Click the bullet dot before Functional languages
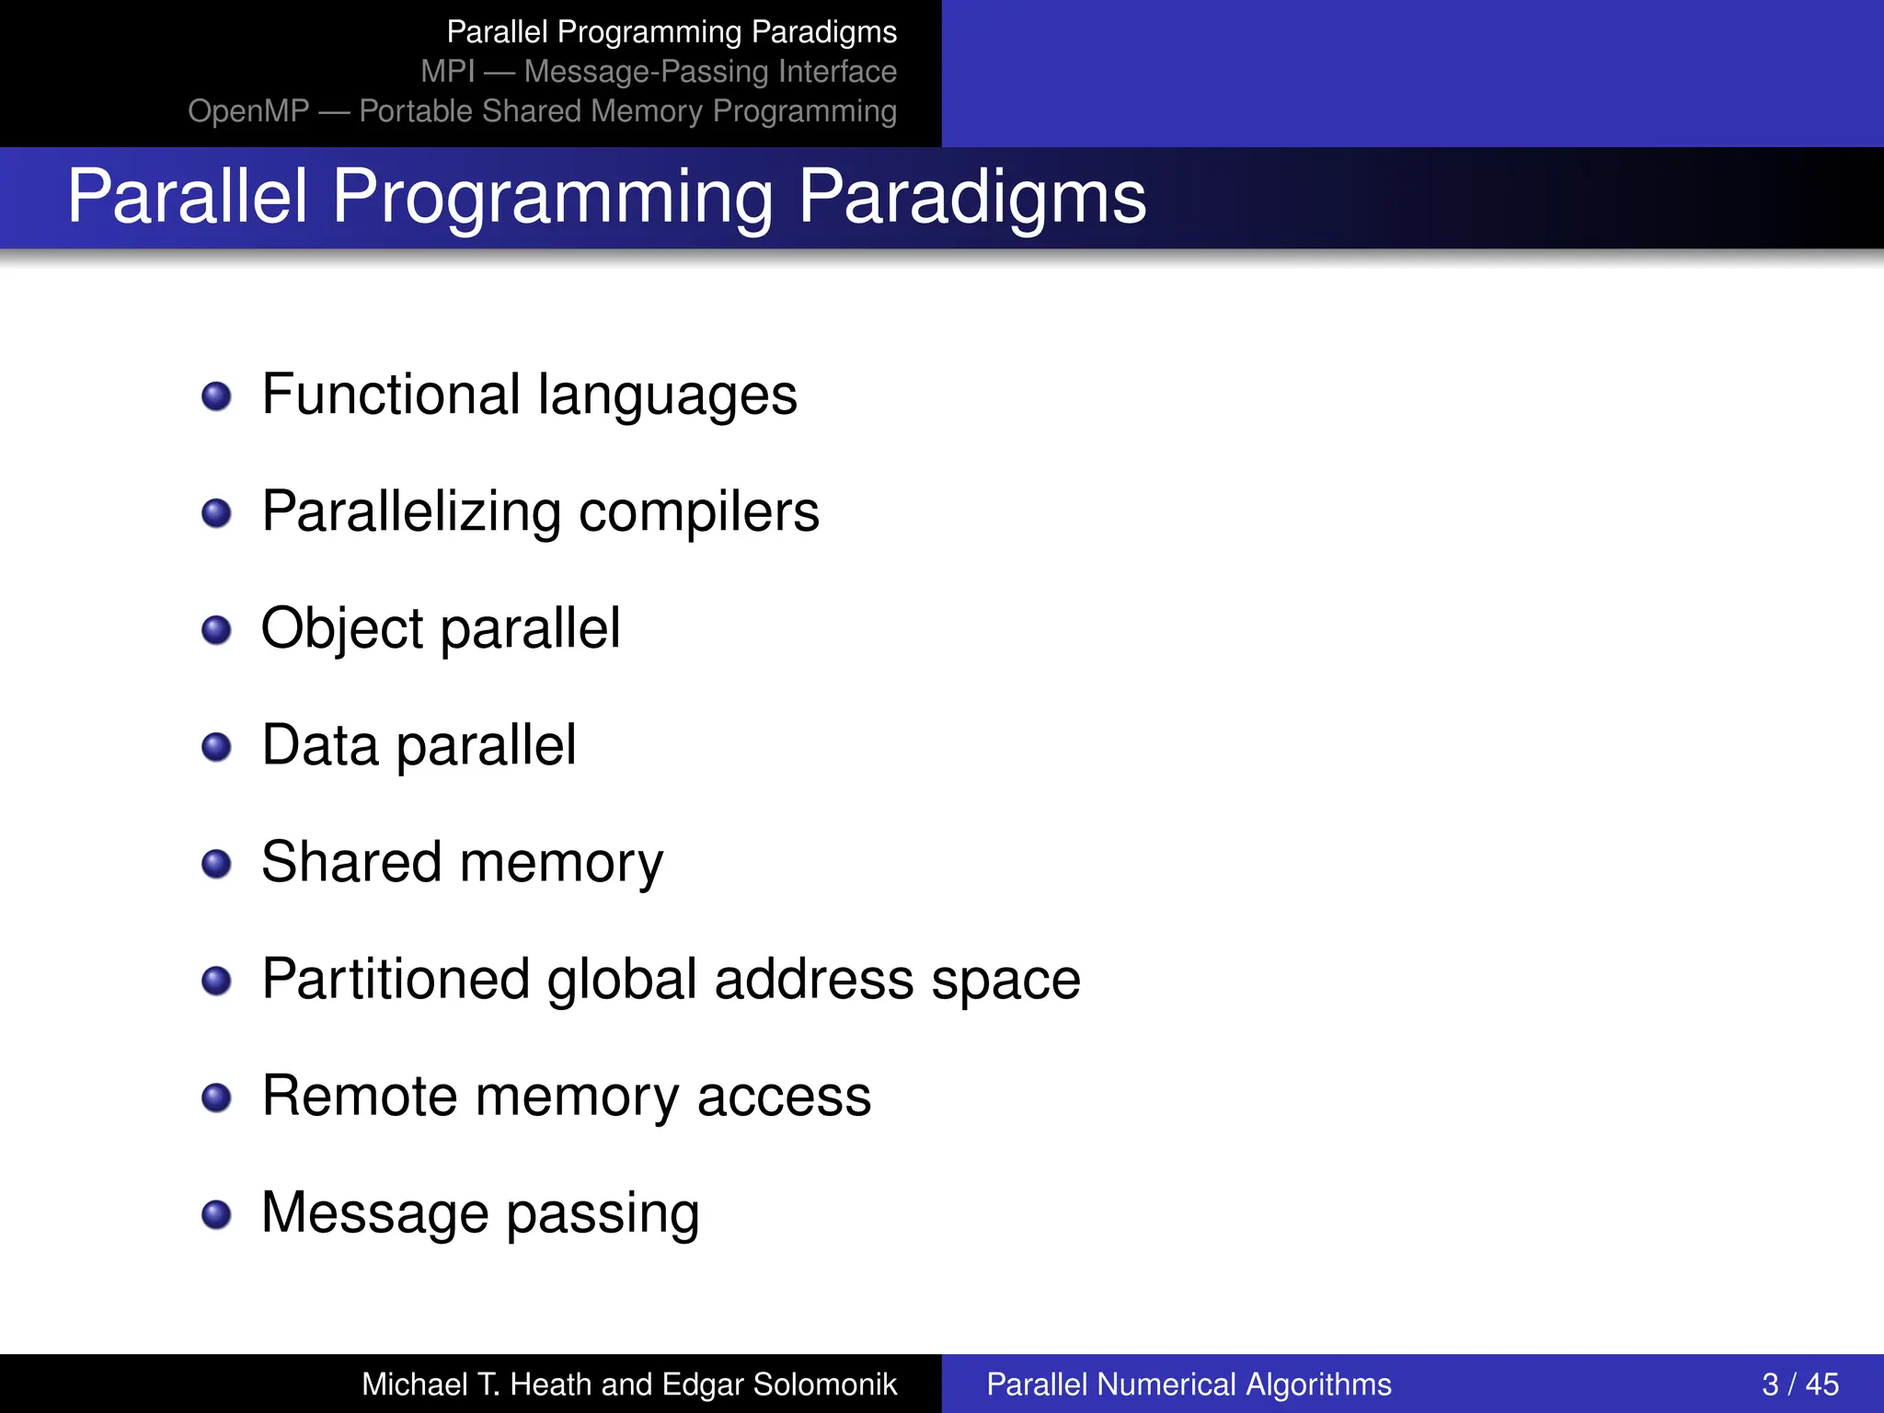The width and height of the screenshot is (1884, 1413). [216, 396]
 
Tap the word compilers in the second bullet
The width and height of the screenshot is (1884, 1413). [698, 511]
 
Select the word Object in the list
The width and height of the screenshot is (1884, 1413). [341, 629]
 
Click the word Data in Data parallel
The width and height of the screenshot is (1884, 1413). [319, 745]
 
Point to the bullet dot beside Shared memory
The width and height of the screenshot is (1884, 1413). [216, 864]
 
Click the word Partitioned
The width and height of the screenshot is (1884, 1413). [396, 979]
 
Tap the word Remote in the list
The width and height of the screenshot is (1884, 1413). [360, 1096]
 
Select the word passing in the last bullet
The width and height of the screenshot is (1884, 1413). [603, 1213]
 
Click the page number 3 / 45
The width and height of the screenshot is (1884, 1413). [1799, 1384]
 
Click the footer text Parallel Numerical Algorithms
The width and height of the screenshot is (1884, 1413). [1189, 1384]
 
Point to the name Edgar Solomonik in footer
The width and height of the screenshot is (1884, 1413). [779, 1384]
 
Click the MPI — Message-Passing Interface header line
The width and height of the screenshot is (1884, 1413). [659, 72]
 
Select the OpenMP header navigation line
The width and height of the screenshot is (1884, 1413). [542, 111]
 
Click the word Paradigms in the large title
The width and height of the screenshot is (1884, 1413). [971, 197]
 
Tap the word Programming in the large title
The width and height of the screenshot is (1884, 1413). [552, 197]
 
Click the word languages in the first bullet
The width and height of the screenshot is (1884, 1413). [667, 396]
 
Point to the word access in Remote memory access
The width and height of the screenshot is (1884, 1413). [784, 1096]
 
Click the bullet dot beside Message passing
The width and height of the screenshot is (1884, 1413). [216, 1213]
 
